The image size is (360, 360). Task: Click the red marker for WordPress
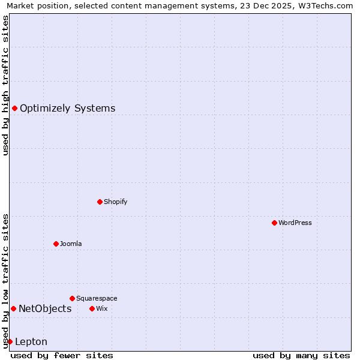[274, 223]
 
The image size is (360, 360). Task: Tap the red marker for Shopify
[100, 202]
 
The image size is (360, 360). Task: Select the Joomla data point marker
[56, 244]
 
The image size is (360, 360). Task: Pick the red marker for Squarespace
[72, 298]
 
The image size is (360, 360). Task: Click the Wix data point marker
[92, 308]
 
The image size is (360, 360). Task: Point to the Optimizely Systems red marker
[14, 108]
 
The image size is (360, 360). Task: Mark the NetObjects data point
[13, 308]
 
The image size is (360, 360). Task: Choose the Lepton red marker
[10, 341]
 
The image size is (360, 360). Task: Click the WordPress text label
[295, 223]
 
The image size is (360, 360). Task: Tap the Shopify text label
[116, 202]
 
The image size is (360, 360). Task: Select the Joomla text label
[71, 244]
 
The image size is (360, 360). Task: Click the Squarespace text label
[97, 298]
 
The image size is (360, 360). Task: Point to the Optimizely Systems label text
[68, 109]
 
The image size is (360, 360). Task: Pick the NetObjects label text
[45, 309]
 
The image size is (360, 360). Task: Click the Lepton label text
[31, 342]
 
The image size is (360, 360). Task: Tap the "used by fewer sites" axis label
[62, 355]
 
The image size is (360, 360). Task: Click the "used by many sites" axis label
[301, 355]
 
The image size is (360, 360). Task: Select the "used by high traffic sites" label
[5, 85]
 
